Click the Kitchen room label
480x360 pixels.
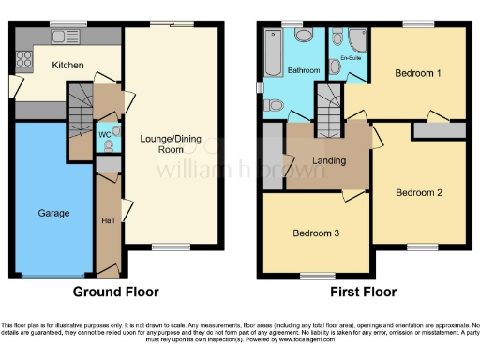pyautogui.click(x=67, y=66)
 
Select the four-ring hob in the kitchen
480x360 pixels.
pyautogui.click(x=24, y=54)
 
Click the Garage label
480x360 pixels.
pyautogui.click(x=53, y=214)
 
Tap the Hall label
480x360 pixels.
pyautogui.click(x=107, y=220)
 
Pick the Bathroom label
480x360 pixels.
pyautogui.click(x=305, y=69)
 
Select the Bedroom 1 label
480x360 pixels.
pyautogui.click(x=418, y=72)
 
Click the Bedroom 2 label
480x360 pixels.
pyautogui.click(x=418, y=193)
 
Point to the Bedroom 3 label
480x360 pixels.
pyautogui.click(x=316, y=233)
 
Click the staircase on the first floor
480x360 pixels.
pyautogui.click(x=328, y=102)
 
